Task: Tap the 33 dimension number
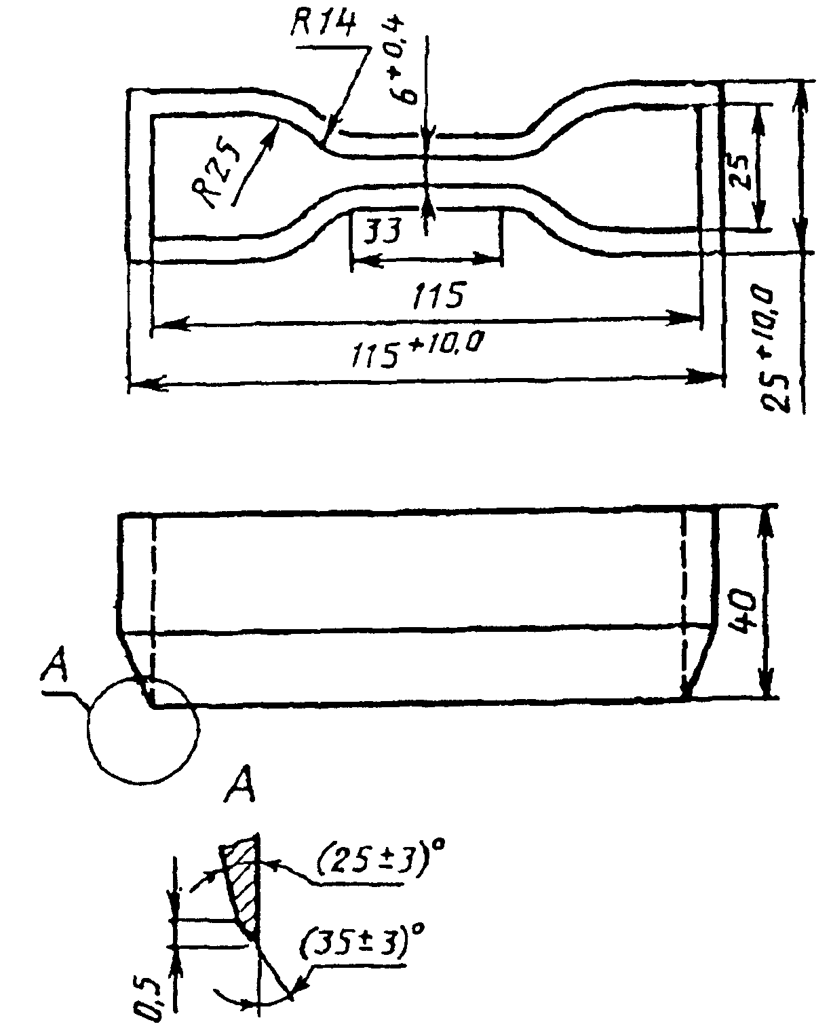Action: pyautogui.click(x=381, y=231)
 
